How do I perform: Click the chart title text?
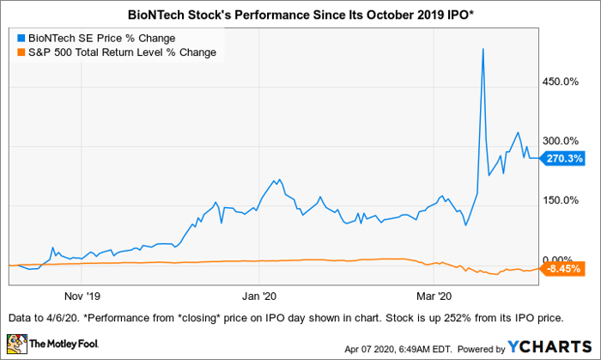[x=300, y=15]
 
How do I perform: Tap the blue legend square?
[x=21, y=39]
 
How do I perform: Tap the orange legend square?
[x=21, y=53]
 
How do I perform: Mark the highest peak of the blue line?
[x=483, y=49]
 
